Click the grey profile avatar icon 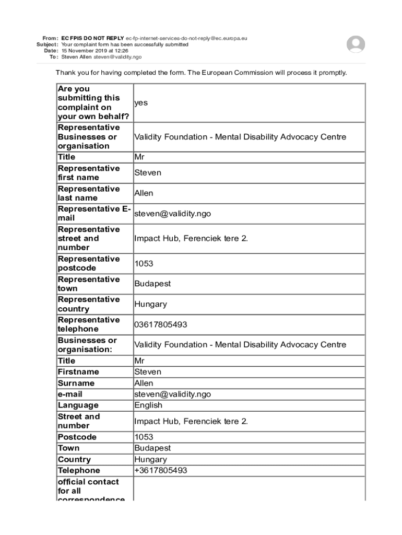click(x=356, y=44)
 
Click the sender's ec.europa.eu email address click(x=186, y=38)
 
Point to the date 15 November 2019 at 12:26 click(x=94, y=51)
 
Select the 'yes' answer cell click(x=141, y=103)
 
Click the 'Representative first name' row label click(x=88, y=173)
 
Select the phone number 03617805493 click(x=160, y=324)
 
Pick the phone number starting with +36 click(x=160, y=471)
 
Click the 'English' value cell click(x=148, y=405)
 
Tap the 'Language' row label click(x=78, y=405)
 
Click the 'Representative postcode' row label click(x=88, y=263)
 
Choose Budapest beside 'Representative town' click(x=152, y=284)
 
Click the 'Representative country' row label click(x=88, y=304)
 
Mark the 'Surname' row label click(x=76, y=383)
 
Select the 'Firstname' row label click(x=78, y=372)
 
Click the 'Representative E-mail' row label click(x=93, y=213)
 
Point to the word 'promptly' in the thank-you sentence click(x=333, y=73)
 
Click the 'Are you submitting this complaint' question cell click(x=93, y=103)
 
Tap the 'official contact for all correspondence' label click(x=88, y=490)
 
